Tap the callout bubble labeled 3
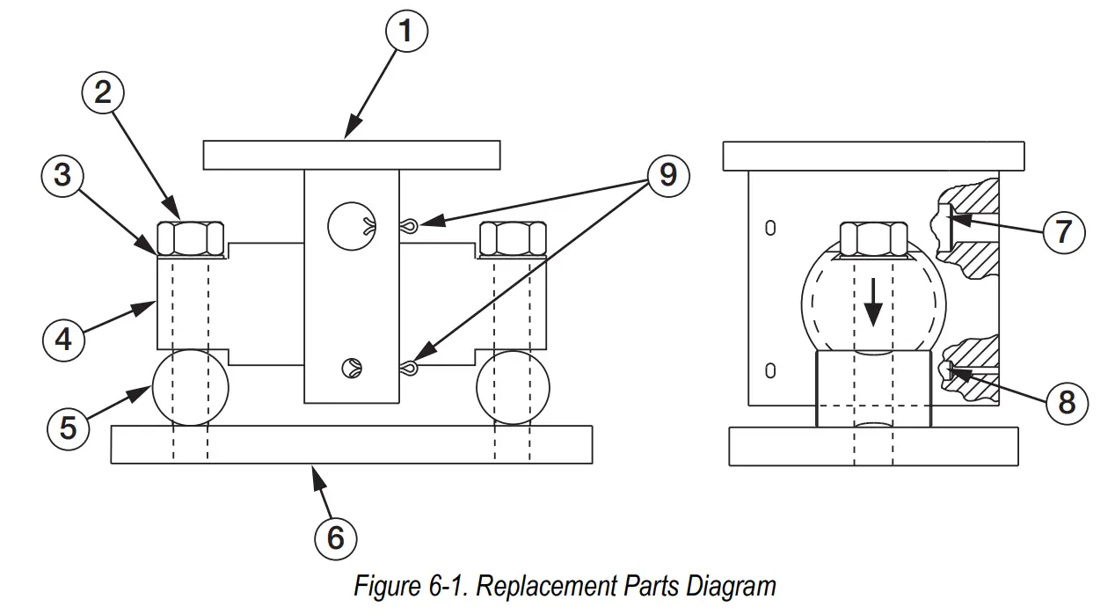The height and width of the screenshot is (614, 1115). [62, 176]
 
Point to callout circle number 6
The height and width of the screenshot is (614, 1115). [336, 537]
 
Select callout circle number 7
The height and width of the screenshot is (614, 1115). [1063, 233]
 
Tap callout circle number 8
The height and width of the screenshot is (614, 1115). [1067, 402]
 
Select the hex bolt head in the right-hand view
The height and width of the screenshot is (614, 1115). [873, 238]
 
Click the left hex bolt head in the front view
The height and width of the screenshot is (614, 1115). [191, 238]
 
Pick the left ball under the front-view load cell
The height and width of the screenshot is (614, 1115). [190, 388]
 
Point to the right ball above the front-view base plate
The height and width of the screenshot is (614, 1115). [513, 388]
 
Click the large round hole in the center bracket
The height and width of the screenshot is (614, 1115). [351, 226]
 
